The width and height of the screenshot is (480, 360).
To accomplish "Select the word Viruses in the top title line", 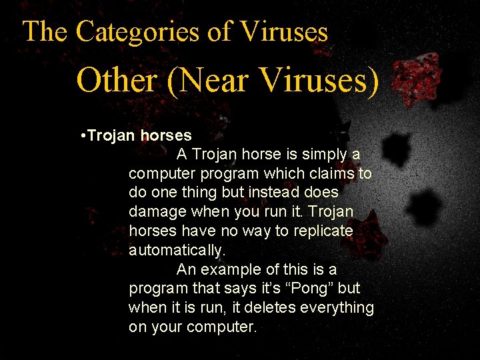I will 285,31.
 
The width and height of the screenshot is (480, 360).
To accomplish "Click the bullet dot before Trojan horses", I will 81,136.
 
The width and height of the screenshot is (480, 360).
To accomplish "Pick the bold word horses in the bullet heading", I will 166,136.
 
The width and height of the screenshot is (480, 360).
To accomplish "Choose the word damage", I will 157,212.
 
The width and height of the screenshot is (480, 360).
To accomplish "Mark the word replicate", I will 322,231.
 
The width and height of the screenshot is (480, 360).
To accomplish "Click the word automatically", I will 177,251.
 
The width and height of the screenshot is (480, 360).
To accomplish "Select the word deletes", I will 268,308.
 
